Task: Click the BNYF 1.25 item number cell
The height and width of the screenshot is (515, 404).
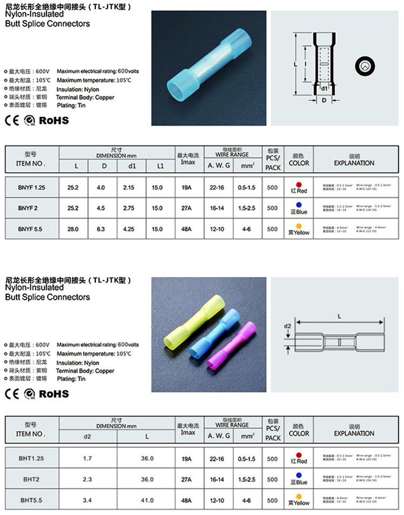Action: click(32, 187)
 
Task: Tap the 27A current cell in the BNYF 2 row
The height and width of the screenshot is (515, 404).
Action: click(187, 208)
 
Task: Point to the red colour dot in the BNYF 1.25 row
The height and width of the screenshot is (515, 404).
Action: click(299, 184)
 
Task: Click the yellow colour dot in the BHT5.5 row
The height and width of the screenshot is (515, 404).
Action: click(299, 496)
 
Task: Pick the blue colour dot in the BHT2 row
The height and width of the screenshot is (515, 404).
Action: click(299, 476)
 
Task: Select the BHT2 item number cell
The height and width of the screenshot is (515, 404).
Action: click(32, 478)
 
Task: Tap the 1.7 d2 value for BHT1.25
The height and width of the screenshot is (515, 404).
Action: click(88, 458)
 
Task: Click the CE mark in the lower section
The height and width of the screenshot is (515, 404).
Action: click(12, 394)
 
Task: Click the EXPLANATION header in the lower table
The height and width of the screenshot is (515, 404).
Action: click(354, 433)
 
